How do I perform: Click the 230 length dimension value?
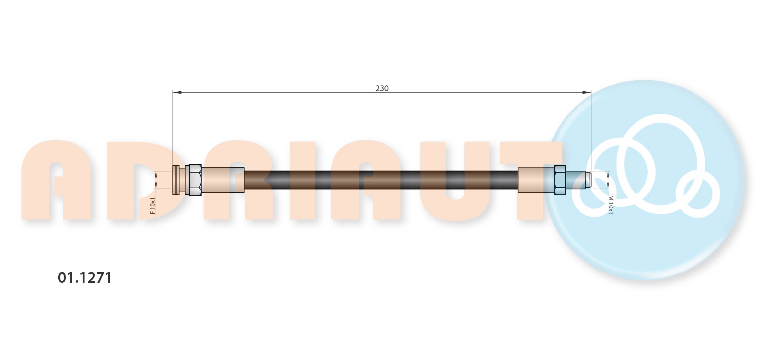382,89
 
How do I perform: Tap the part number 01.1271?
85,278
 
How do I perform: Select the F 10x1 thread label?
152,206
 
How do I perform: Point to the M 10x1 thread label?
611,205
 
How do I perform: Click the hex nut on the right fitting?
560,180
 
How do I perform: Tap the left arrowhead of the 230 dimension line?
177,92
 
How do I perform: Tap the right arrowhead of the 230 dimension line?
587,92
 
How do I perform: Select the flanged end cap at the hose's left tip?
176,180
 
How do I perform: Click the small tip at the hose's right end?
588,180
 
